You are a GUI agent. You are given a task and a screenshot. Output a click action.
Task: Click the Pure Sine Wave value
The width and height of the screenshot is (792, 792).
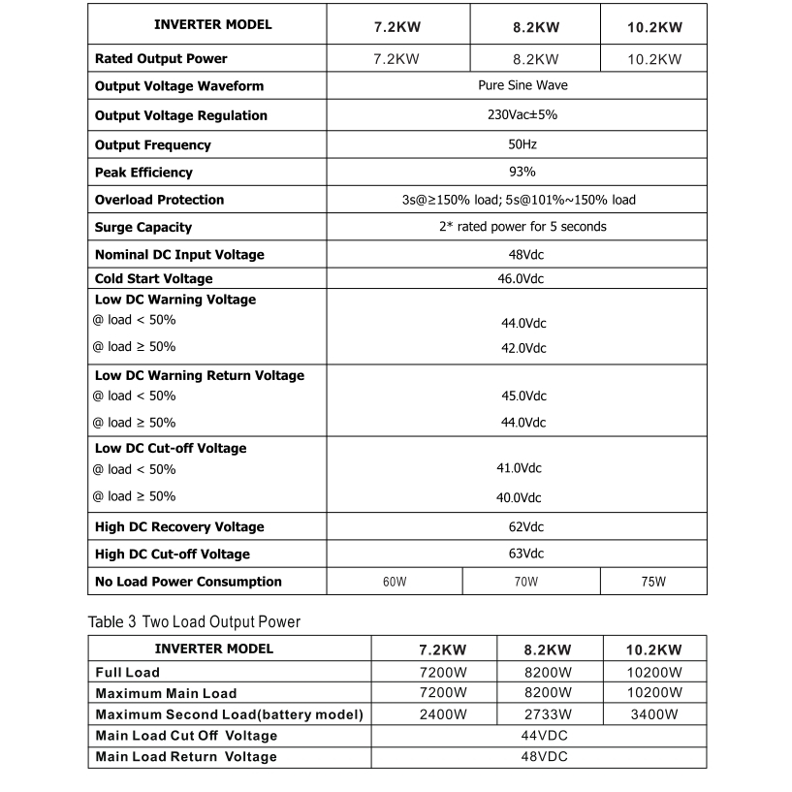pos(523,85)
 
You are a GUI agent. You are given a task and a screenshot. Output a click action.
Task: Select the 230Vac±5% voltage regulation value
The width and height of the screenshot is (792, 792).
pos(523,114)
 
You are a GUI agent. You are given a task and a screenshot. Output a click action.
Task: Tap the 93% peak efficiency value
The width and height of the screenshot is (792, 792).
pos(523,172)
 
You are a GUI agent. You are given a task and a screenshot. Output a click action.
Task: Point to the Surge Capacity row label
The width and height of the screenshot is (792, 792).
pos(143,227)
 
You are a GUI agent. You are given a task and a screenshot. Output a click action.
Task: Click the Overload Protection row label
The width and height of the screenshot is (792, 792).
pos(159,200)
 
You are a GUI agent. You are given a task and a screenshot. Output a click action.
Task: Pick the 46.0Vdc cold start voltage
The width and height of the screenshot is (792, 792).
pos(521,278)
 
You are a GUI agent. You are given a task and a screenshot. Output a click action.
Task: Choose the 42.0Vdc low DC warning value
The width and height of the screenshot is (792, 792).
pos(523,348)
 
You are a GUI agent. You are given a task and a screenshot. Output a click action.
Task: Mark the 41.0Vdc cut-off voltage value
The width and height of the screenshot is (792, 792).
pos(519,468)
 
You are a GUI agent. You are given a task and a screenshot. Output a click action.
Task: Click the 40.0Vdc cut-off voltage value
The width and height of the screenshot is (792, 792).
pos(519,497)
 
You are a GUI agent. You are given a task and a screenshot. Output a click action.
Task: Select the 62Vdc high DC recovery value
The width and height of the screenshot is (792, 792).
pos(521,526)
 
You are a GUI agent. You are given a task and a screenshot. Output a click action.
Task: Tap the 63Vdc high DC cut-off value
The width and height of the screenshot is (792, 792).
pos(521,554)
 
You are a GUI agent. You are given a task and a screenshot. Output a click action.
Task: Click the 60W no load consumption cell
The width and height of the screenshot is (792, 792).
pos(394,582)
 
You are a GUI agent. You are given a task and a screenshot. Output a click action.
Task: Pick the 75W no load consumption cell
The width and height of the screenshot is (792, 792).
pos(654,582)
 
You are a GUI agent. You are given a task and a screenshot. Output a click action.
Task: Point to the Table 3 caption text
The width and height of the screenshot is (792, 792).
pos(194,621)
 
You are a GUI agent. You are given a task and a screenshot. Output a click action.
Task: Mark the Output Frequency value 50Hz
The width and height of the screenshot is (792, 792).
pos(522,143)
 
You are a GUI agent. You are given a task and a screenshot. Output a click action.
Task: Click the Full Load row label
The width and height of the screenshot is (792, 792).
pos(128,672)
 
